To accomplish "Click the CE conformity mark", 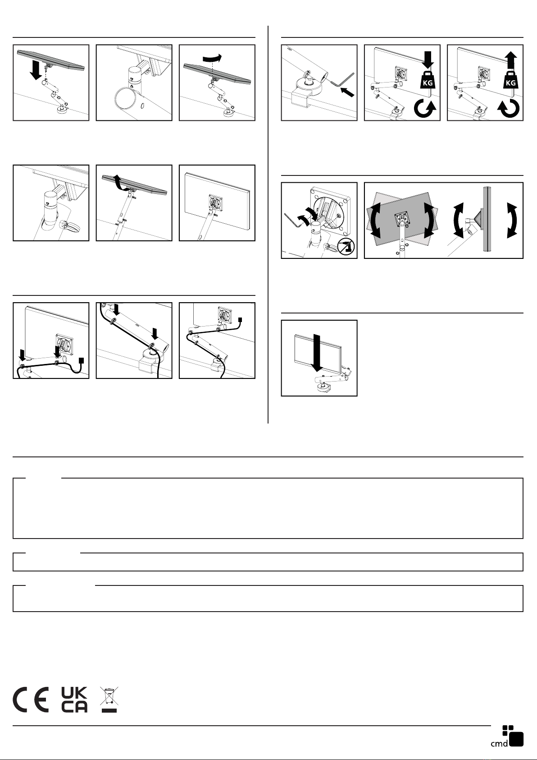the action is [31, 700].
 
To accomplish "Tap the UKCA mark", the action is [74, 700].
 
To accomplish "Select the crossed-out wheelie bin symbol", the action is [109, 700].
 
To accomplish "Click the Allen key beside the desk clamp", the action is [342, 80].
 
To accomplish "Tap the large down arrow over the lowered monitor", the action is [317, 353].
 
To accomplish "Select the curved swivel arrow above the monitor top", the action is [212, 58].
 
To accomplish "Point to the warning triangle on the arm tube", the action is [131, 87].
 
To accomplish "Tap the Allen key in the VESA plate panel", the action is [293, 220].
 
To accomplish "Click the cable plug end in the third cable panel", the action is [240, 320].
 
